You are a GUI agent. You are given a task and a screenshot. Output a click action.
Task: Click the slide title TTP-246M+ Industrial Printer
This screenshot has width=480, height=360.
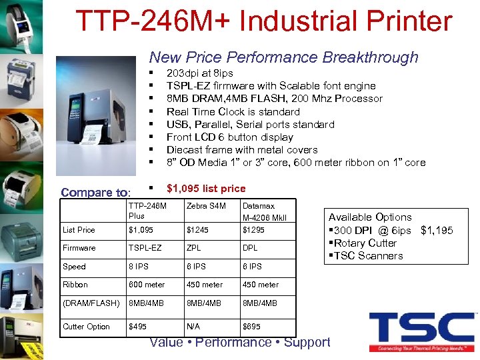[x=263, y=21]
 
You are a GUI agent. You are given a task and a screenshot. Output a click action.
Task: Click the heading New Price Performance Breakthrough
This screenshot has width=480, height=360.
[x=283, y=57]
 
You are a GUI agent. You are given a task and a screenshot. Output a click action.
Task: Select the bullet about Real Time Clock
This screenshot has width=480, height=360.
[x=233, y=111]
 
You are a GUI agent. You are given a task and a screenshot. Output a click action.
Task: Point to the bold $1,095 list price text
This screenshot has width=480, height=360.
[x=205, y=189]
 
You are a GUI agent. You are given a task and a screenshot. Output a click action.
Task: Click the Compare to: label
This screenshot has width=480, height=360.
[x=95, y=193]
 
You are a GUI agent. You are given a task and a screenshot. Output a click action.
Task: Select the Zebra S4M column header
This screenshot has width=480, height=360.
[x=206, y=206]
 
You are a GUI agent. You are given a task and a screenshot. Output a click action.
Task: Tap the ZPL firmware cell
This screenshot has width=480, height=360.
[x=194, y=248]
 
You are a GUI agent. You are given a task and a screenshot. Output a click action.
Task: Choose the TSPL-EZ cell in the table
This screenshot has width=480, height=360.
[x=145, y=248]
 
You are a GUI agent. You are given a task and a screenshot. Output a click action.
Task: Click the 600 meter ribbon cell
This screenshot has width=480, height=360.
[x=147, y=285]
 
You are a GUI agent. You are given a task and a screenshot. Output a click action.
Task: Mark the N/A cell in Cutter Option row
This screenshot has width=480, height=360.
[x=194, y=327]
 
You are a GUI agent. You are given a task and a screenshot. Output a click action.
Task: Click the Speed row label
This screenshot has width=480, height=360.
[x=74, y=267]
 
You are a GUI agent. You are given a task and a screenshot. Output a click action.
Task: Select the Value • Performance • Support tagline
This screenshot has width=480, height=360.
[x=240, y=343]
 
